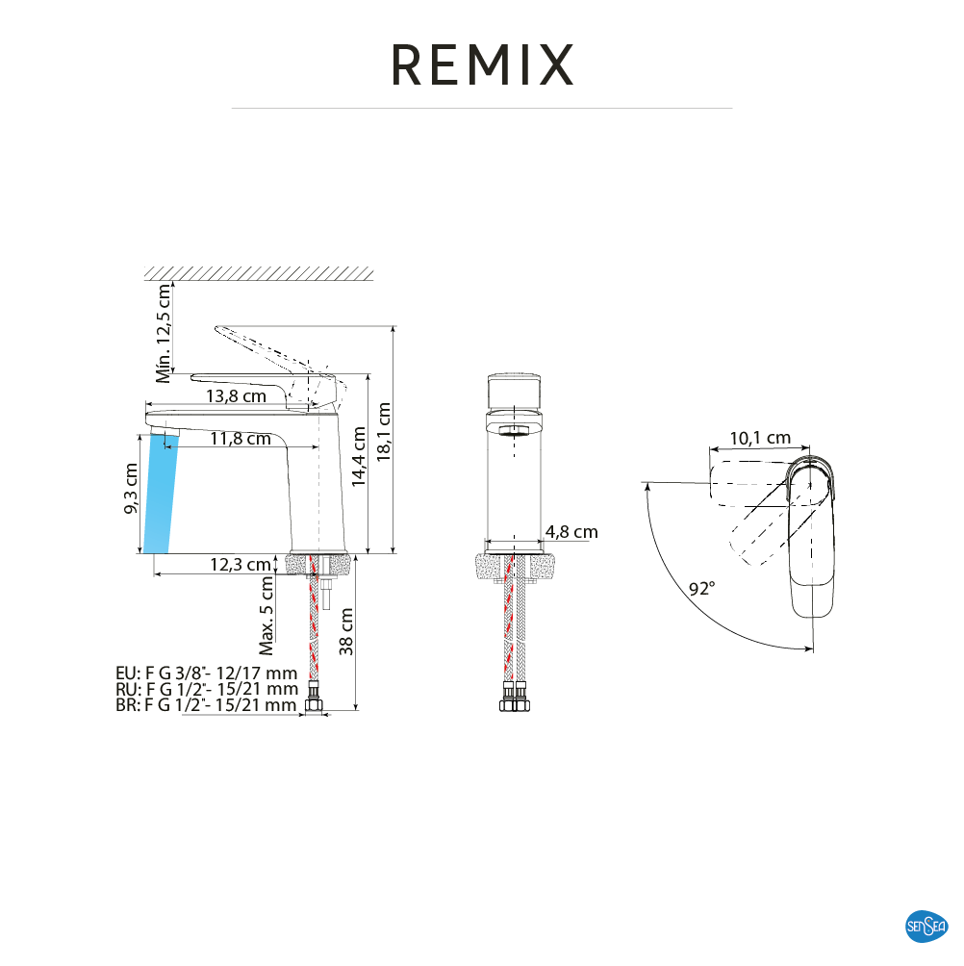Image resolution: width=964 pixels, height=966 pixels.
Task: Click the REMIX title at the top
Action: click(482, 64)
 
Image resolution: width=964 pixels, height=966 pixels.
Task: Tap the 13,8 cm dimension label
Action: click(235, 395)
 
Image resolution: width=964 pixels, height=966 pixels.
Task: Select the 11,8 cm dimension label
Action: click(241, 439)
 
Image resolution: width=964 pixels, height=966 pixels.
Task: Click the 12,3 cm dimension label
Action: click(240, 565)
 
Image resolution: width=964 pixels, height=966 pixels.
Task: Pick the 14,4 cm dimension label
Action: click(359, 457)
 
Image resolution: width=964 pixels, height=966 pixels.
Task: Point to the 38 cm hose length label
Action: click(347, 631)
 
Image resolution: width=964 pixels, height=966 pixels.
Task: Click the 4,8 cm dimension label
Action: click(571, 531)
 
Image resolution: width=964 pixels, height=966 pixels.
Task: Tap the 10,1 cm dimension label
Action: click(760, 438)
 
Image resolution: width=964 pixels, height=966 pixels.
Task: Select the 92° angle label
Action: click(701, 588)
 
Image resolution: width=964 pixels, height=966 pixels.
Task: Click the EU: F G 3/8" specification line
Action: click(206, 673)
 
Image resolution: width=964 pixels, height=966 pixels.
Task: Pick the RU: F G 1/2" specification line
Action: click(206, 689)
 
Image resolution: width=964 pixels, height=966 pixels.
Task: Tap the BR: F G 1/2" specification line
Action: click(206, 705)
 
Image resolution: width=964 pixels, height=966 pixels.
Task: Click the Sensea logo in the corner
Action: click(926, 927)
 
